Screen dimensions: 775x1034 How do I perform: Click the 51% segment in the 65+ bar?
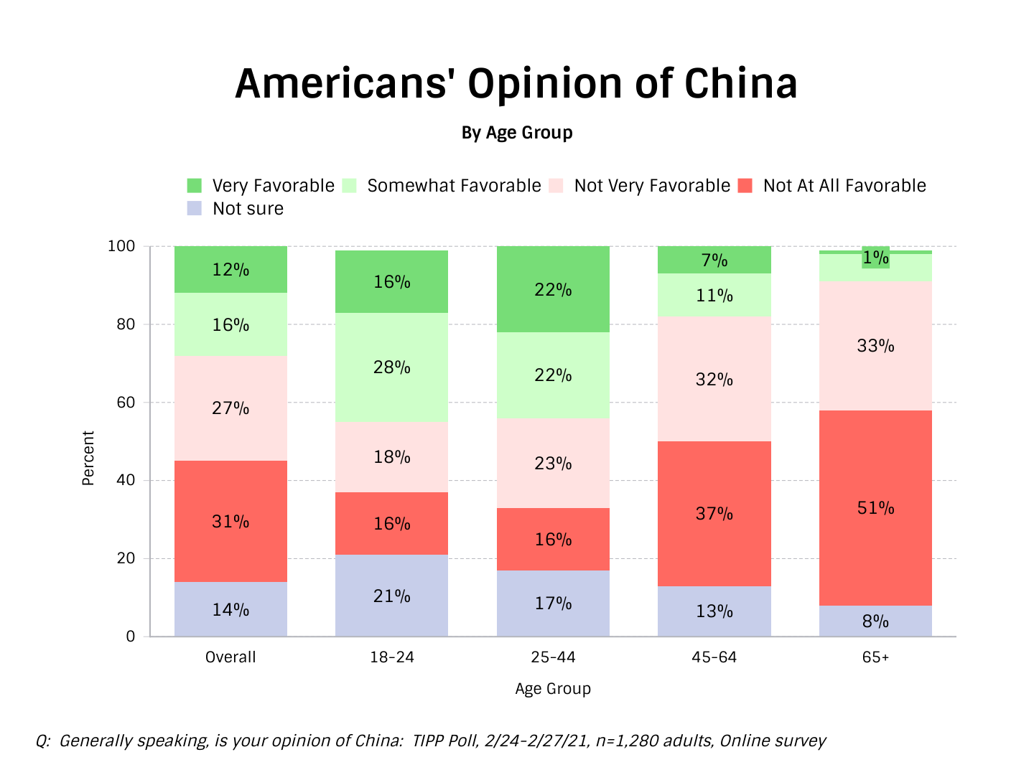pyautogui.click(x=875, y=508)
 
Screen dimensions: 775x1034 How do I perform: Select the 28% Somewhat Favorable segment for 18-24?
pyautogui.click(x=391, y=367)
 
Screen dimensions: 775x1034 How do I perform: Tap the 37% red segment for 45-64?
pyautogui.click(x=714, y=514)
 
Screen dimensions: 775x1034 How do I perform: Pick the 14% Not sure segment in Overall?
pyautogui.click(x=230, y=609)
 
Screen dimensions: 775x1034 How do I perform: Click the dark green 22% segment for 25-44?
pyautogui.click(x=553, y=290)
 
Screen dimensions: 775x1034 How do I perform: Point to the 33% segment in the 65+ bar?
pyautogui.click(x=875, y=346)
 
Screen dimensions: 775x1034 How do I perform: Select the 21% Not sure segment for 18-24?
pyautogui.click(x=391, y=596)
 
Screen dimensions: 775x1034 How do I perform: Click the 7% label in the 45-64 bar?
pyautogui.click(x=714, y=260)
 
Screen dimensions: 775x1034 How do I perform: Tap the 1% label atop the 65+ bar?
pyautogui.click(x=875, y=258)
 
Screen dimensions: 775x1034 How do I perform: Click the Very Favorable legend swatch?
pyautogui.click(x=195, y=186)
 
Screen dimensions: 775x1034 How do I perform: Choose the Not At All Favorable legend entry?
pyautogui.click(x=844, y=186)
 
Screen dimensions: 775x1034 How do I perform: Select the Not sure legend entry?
pyautogui.click(x=248, y=209)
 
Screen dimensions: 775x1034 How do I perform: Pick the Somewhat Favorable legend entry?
pyautogui.click(x=454, y=186)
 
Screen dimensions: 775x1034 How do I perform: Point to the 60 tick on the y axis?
pyautogui.click(x=126, y=403)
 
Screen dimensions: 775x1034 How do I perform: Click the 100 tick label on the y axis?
pyautogui.click(x=121, y=246)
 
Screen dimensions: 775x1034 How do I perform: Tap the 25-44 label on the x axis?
pyautogui.click(x=553, y=657)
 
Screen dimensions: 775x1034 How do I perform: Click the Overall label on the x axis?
pyautogui.click(x=230, y=657)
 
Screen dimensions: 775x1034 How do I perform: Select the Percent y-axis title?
pyautogui.click(x=88, y=458)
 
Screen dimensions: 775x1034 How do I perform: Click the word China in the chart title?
pyautogui.click(x=740, y=83)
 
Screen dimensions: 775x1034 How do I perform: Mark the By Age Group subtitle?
pyautogui.click(x=517, y=133)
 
